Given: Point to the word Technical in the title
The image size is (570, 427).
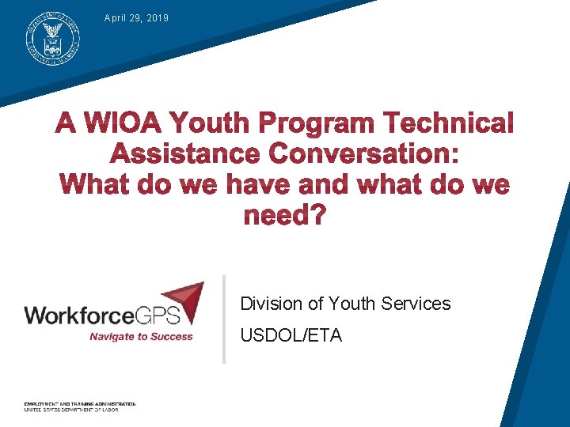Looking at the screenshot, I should point(449,123).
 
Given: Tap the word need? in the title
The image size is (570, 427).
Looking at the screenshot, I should point(284,214).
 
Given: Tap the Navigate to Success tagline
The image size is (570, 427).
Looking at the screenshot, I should point(141,336).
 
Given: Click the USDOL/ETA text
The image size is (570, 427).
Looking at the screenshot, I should point(291,336).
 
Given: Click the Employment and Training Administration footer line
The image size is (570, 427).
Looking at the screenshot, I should point(80,404).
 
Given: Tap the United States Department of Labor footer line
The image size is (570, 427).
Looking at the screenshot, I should point(71,410).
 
